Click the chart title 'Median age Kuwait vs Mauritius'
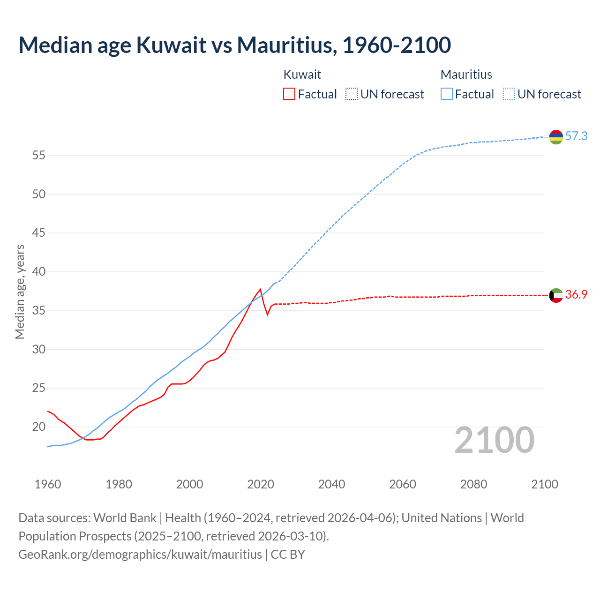coord(234,45)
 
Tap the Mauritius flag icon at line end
coord(556,137)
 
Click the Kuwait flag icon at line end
coord(556,295)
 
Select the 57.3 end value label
coord(576,136)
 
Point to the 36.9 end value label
coord(576,295)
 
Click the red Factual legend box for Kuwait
coord(289,94)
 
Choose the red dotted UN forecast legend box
coord(352,94)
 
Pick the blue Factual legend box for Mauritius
coord(447,94)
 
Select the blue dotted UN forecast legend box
coord(509,94)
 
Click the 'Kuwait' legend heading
coord(302,75)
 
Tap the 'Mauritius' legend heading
coord(466,75)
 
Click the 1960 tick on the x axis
coord(48,484)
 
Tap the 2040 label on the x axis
coord(331,484)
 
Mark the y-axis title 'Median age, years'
coord(20,292)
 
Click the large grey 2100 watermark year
coord(494,440)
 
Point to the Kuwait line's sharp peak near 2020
coord(260,289)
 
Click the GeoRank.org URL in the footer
coord(140,555)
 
